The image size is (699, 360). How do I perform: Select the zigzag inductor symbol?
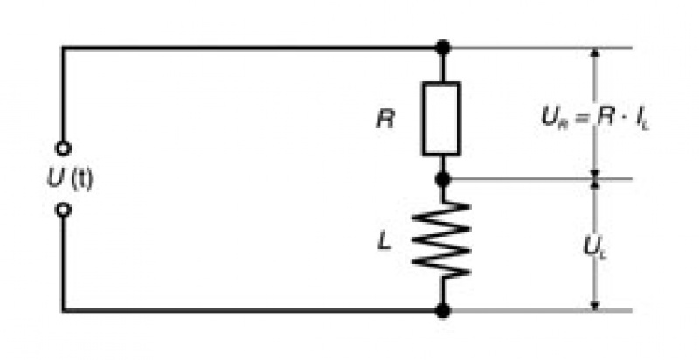tap(441, 240)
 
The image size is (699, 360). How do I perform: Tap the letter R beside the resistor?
tap(385, 120)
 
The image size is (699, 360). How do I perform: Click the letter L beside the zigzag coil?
tap(384, 240)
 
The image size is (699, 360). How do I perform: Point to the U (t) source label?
tap(71, 179)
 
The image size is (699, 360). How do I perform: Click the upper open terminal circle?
tap(63, 149)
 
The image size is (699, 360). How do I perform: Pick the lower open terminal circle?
tap(63, 210)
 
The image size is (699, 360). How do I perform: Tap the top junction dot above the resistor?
tap(443, 47)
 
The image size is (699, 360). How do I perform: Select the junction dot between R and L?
tap(443, 179)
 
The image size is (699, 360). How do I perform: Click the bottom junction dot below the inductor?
tap(443, 310)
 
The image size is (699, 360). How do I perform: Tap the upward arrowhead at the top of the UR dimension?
tap(594, 52)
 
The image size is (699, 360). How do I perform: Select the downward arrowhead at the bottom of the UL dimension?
tap(594, 305)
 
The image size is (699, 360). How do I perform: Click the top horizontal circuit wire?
tap(252, 47)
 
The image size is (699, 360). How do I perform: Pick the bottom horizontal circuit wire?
tap(252, 310)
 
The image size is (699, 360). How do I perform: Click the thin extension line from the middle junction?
tap(541, 179)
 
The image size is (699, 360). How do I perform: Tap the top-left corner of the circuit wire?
tap(63, 47)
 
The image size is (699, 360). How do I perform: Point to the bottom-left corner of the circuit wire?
tap(63, 310)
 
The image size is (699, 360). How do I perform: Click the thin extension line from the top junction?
tap(541, 47)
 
